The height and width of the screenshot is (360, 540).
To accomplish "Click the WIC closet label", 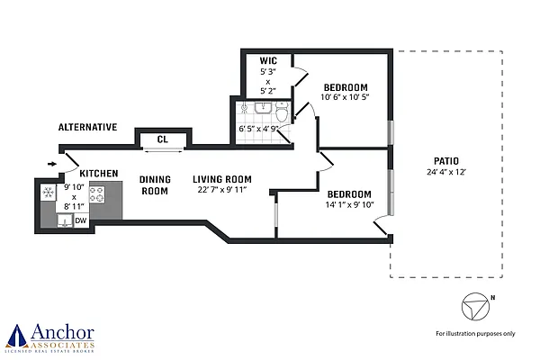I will (267, 61).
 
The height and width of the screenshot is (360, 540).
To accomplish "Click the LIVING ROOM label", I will (221, 178).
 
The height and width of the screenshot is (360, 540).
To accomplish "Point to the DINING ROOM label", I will (155, 184).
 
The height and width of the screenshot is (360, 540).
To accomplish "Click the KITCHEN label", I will (98, 172).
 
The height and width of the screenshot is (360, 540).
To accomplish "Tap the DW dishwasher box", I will (80, 220).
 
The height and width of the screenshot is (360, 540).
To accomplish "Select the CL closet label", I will (162, 139).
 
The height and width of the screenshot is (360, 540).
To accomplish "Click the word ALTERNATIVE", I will (87, 128).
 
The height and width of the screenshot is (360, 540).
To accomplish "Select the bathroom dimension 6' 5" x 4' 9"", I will (260, 129).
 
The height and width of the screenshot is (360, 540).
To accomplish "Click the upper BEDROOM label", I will (346, 87).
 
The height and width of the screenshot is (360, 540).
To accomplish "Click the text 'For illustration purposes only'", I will (475, 333).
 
